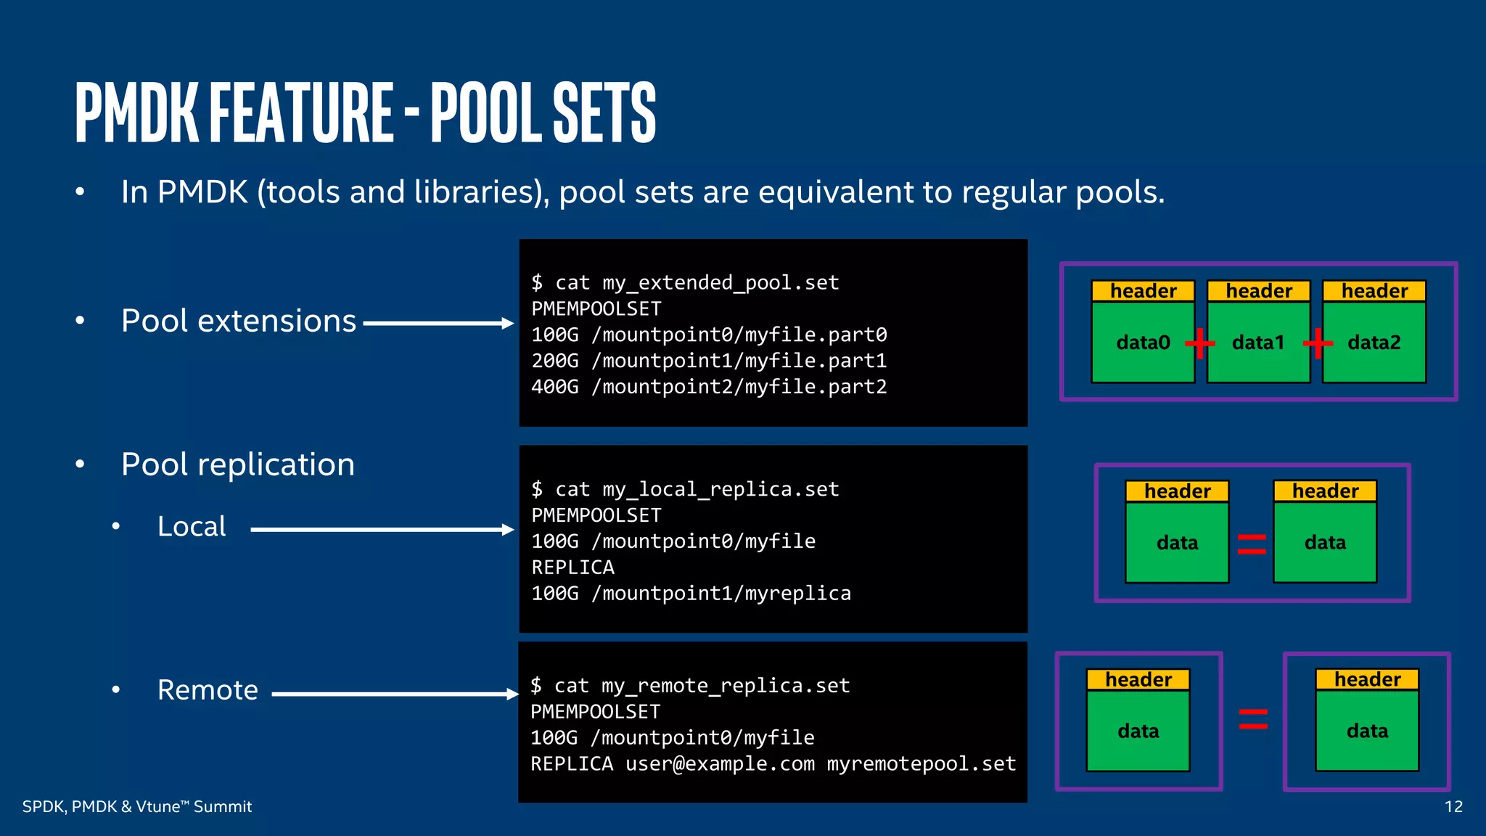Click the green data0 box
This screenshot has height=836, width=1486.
point(1143,342)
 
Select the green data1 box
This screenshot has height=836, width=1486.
point(1258,342)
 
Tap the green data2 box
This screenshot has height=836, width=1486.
point(1374,342)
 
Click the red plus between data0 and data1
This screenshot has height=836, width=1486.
point(1200,343)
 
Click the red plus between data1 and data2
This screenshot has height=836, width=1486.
point(1317,343)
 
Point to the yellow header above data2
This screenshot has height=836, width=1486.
point(1374,291)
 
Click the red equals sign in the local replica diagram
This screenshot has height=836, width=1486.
point(1252,544)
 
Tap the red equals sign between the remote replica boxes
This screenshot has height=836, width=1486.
point(1253,718)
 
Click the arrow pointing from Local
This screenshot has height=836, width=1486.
point(382,529)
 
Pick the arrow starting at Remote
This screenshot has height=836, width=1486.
point(395,694)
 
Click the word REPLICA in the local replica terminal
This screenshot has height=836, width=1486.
point(572,567)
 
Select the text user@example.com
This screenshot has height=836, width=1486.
point(720,764)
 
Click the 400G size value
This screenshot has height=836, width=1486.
point(554,387)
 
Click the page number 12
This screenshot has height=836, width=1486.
point(1453,806)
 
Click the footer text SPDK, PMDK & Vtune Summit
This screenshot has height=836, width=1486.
point(137,806)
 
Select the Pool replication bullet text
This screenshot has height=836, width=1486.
point(238,464)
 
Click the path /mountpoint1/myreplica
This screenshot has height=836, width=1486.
point(721,594)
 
